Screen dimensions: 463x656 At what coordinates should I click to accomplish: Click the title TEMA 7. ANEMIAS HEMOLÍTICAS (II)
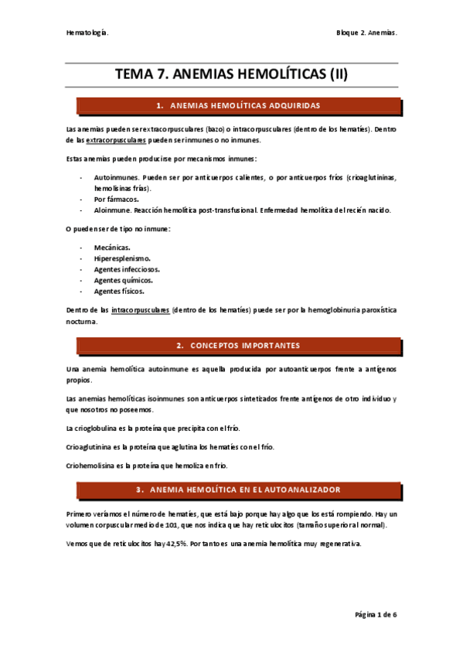(x=232, y=74)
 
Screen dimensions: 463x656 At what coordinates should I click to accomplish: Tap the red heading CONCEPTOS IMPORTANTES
(x=243, y=345)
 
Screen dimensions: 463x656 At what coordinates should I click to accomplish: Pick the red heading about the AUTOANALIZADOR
(x=243, y=490)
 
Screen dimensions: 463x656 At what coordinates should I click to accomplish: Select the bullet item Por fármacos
(x=117, y=199)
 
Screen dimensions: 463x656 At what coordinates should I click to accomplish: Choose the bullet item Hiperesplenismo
(x=122, y=258)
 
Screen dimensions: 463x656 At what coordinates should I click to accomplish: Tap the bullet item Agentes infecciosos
(x=127, y=269)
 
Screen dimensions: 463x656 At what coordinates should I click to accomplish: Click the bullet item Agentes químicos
(x=121, y=280)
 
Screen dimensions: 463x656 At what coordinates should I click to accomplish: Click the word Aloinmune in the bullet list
(x=112, y=210)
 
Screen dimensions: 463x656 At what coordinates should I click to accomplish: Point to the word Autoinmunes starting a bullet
(x=115, y=177)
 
